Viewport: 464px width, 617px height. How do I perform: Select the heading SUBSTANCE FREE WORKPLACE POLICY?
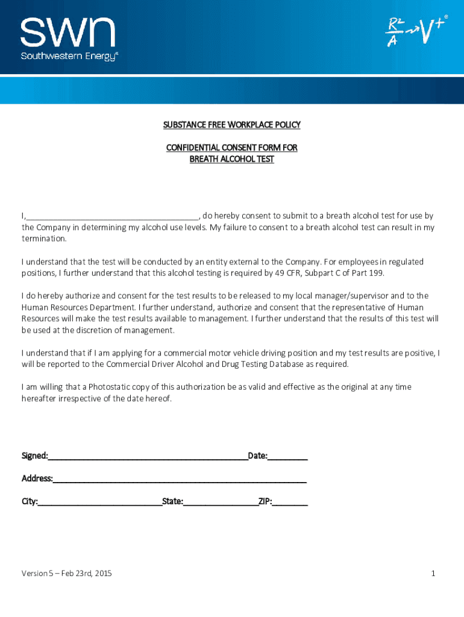click(231, 125)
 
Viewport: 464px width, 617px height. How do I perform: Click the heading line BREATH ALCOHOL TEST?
click(231, 159)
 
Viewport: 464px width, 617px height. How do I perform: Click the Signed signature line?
click(148, 457)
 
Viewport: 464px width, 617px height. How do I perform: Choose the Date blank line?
click(287, 457)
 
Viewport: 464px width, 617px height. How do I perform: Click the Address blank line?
click(180, 480)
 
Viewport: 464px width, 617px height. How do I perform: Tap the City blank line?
click(100, 502)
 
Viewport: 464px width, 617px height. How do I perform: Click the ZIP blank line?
click(290, 502)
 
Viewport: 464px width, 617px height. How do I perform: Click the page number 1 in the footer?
click(433, 573)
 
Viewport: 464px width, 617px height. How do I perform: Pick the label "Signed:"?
click(35, 456)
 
